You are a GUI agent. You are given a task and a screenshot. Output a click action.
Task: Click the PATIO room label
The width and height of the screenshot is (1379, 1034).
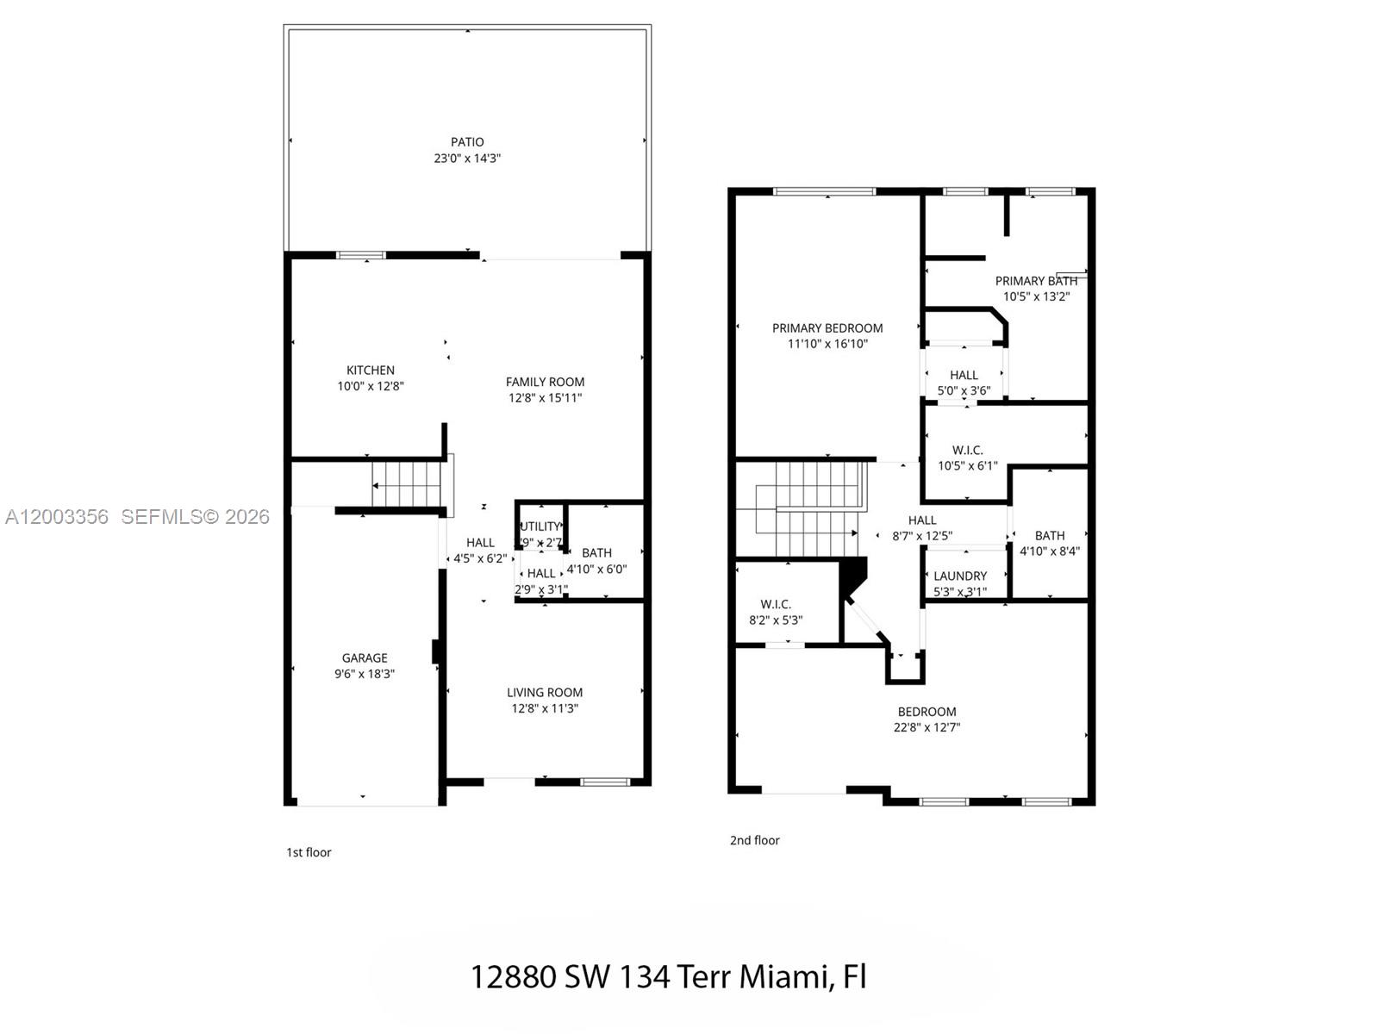tap(467, 142)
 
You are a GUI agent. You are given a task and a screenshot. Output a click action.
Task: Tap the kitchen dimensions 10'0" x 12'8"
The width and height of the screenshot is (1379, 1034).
tap(371, 387)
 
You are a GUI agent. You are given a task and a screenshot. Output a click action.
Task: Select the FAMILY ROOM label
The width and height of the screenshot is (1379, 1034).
tap(545, 382)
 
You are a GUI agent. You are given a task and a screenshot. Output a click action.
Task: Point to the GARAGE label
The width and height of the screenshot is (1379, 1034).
tap(365, 658)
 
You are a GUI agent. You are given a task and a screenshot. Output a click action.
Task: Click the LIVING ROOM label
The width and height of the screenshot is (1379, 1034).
tap(545, 692)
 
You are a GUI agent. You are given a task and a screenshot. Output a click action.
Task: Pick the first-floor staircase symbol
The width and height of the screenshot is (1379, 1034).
tap(407, 484)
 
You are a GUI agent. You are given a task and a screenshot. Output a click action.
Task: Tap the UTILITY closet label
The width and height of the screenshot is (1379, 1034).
tap(540, 526)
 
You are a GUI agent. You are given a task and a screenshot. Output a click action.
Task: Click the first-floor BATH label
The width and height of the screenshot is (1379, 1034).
tap(596, 553)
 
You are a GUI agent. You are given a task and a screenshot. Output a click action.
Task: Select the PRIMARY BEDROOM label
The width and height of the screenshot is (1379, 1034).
tap(827, 328)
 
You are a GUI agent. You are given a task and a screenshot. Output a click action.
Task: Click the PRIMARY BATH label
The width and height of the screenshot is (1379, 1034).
tap(1036, 281)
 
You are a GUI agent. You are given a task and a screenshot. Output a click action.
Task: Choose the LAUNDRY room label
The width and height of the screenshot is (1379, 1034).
tap(960, 576)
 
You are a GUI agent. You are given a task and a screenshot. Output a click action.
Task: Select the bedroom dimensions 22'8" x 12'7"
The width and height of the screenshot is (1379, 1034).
tap(927, 727)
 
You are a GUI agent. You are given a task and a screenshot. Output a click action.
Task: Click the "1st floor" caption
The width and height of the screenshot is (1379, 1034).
tap(309, 852)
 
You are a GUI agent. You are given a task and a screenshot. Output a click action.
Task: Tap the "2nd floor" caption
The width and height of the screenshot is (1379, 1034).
tap(754, 840)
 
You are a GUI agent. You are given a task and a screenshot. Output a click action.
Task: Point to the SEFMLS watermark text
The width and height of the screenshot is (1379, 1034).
tap(195, 517)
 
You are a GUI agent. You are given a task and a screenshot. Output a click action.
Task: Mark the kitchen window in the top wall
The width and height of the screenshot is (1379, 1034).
tap(361, 255)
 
